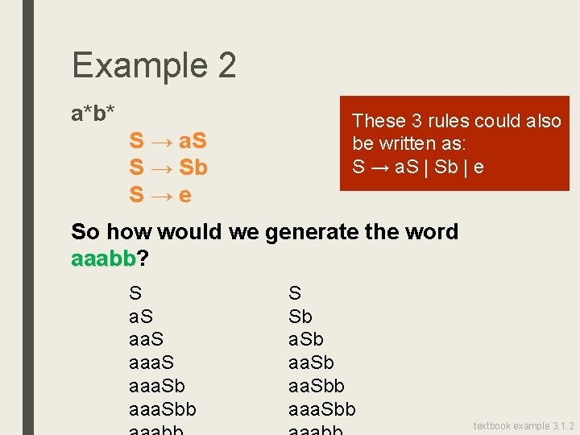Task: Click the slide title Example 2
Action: tap(154, 65)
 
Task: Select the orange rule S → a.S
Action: tap(168, 141)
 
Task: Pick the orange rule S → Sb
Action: tap(168, 168)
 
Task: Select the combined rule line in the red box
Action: tap(417, 167)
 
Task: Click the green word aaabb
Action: tap(104, 259)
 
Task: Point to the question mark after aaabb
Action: tap(143, 259)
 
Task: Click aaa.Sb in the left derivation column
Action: tap(157, 386)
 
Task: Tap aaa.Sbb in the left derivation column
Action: tap(162, 409)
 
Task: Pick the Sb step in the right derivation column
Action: tap(300, 317)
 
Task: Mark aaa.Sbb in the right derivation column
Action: tap(321, 409)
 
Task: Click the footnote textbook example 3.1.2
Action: tap(523, 425)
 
